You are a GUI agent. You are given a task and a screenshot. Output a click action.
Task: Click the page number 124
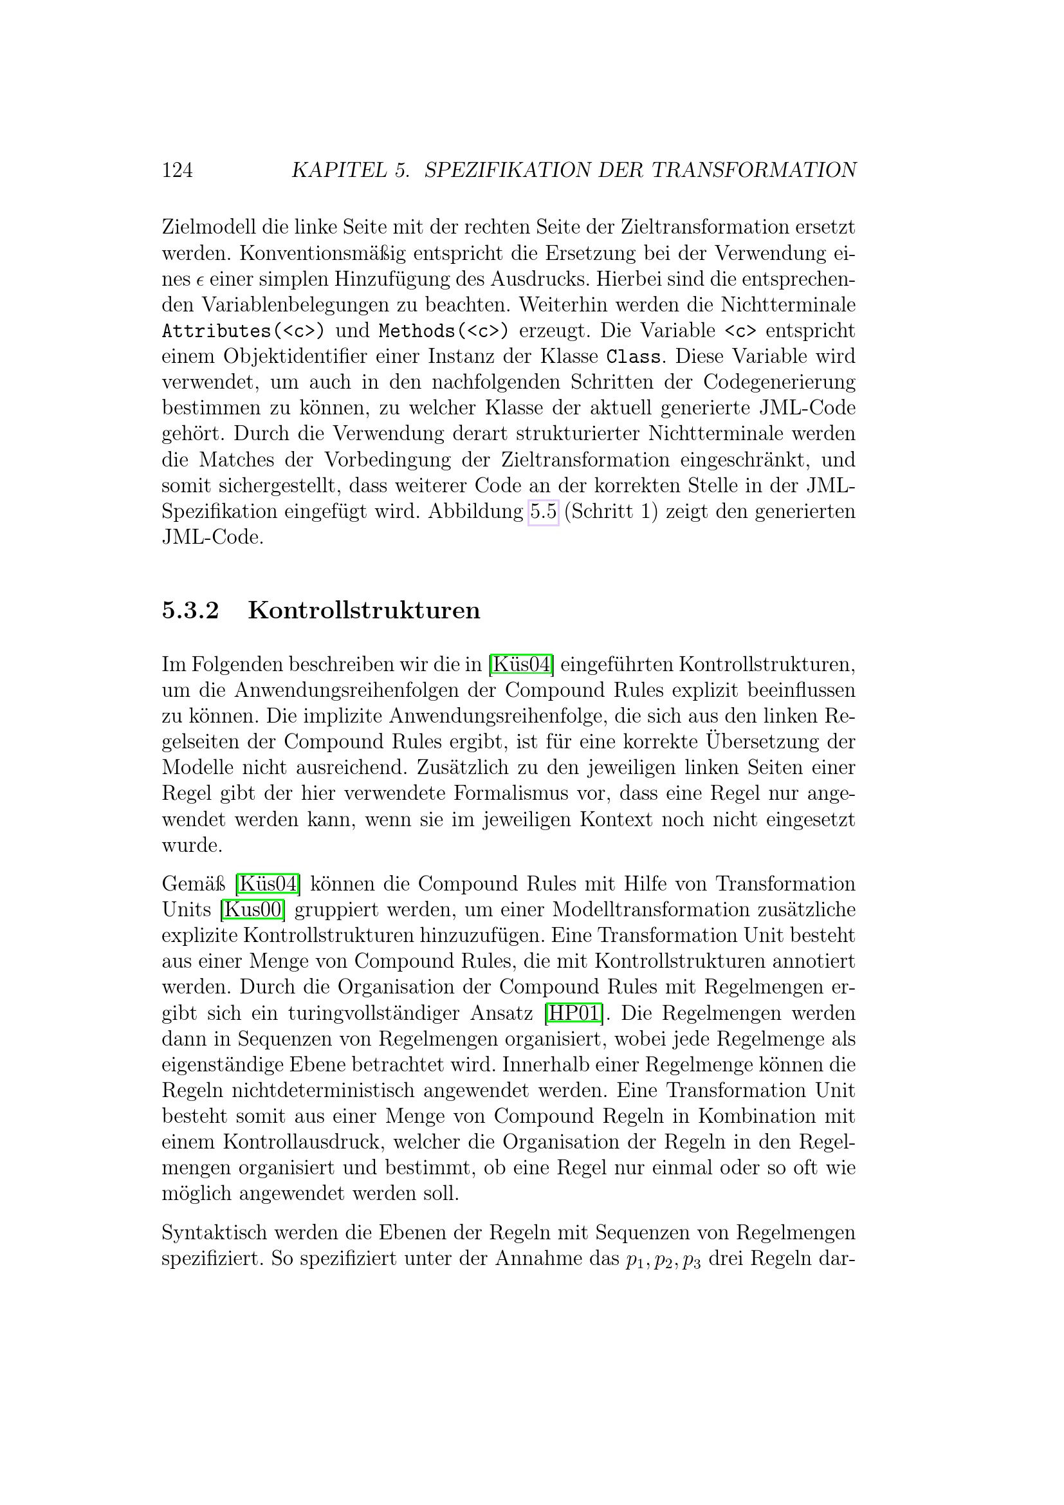177,171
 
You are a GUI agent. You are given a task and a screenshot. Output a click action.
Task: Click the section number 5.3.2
190,610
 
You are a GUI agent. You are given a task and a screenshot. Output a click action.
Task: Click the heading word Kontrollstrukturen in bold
363,610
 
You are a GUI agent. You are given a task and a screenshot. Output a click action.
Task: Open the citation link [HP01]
574,1013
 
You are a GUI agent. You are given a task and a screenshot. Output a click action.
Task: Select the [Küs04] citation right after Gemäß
268,884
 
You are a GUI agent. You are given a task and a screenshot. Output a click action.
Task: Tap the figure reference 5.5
543,512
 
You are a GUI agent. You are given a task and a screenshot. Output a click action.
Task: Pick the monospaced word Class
634,357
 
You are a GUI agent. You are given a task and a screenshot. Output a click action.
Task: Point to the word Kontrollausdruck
307,1142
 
